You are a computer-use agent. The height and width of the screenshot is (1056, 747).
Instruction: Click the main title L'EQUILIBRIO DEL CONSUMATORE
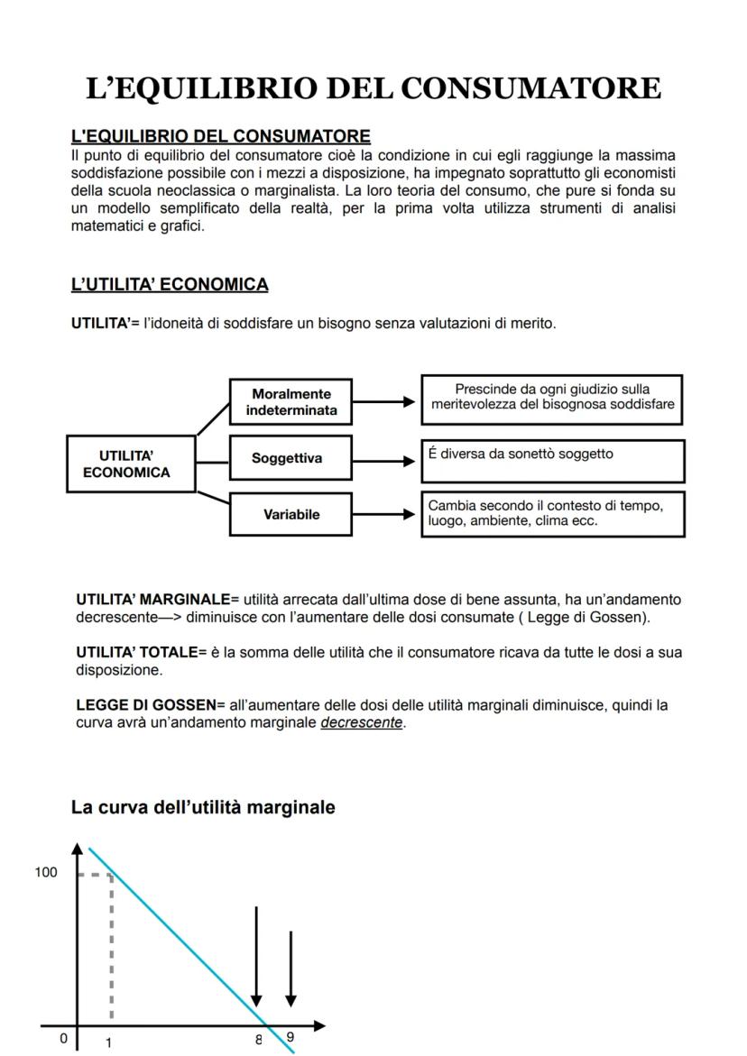[x=373, y=88]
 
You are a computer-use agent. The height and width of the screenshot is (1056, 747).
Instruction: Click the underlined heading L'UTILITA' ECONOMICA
[x=170, y=285]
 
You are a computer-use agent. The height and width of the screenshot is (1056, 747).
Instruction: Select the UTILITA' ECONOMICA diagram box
[x=131, y=464]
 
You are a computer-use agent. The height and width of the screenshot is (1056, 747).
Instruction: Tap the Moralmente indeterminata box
[x=290, y=401]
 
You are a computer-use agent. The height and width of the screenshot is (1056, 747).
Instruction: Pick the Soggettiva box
[x=290, y=458]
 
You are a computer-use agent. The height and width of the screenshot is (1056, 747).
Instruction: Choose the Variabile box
[x=290, y=515]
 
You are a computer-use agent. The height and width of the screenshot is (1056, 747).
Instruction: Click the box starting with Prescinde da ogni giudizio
[x=552, y=398]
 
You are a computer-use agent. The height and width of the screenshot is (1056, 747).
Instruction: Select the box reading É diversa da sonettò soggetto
[x=552, y=460]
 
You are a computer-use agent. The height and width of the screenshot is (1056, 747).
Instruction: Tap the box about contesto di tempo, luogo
[x=552, y=513]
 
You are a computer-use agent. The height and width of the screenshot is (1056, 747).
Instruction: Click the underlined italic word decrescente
[x=362, y=722]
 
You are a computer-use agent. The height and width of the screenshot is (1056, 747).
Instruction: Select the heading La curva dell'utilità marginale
[x=203, y=808]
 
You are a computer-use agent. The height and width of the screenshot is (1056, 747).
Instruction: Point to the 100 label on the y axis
[x=46, y=872]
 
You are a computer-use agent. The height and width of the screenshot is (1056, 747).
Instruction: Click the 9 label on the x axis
[x=290, y=1037]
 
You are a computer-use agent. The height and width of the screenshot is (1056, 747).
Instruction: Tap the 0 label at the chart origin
[x=63, y=1039]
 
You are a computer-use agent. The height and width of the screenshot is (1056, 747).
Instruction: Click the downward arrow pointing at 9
[x=290, y=969]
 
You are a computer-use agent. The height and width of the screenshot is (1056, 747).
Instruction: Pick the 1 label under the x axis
[x=109, y=1042]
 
